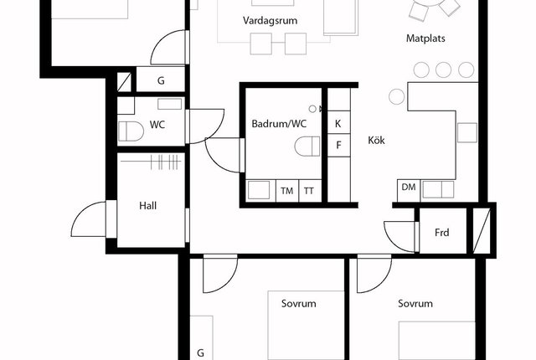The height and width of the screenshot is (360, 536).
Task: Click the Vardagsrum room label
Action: [x=270, y=20]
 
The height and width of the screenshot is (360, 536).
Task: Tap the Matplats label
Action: [x=425, y=38]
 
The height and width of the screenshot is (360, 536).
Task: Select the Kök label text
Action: [x=376, y=140]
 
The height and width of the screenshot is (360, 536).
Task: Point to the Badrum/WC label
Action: [x=279, y=124]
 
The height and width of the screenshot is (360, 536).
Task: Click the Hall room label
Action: [x=148, y=206]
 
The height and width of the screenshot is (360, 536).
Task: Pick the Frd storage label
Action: [x=442, y=233]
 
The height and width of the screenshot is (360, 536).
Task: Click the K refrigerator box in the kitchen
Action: [x=338, y=122]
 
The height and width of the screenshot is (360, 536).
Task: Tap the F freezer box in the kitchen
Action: [x=338, y=145]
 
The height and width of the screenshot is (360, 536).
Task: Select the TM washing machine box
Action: [x=287, y=191]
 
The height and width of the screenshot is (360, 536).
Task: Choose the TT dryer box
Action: [x=310, y=191]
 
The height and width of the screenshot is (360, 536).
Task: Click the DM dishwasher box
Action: [x=409, y=190]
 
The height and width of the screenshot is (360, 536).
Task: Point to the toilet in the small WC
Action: [x=131, y=131]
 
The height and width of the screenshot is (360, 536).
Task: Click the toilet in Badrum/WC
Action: [x=307, y=147]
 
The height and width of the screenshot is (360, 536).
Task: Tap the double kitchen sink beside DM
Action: [x=439, y=189]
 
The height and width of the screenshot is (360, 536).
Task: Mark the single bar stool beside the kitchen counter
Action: [x=396, y=96]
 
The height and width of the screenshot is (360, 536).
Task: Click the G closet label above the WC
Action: [x=161, y=80]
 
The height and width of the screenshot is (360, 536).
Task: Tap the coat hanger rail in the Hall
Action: [x=151, y=162]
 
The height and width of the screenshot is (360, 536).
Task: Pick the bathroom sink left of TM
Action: [x=259, y=190]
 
